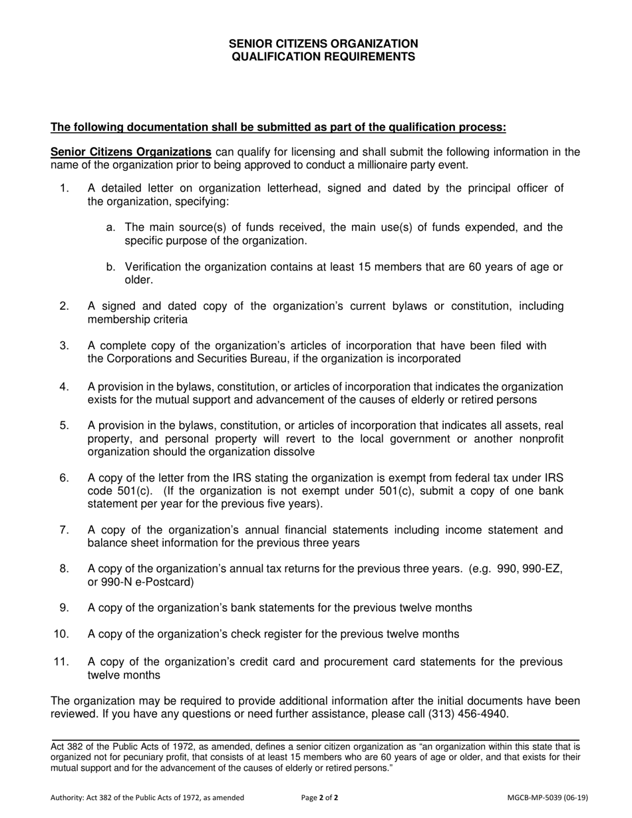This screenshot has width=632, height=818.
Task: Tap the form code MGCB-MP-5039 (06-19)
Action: pyautogui.click(x=548, y=797)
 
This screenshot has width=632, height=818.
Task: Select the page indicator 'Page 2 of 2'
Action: pyautogui.click(x=319, y=797)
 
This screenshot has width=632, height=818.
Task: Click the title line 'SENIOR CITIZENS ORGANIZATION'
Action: pyautogui.click(x=323, y=44)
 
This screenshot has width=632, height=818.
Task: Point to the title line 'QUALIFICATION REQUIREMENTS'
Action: pyautogui.click(x=323, y=57)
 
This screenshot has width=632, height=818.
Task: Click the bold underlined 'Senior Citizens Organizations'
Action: pyautogui.click(x=131, y=152)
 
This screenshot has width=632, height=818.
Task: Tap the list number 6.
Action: pyautogui.click(x=64, y=478)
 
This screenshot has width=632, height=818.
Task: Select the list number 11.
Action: pyautogui.click(x=61, y=662)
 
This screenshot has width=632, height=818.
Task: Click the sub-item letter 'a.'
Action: pyautogui.click(x=112, y=227)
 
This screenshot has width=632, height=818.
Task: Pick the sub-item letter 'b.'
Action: pyautogui.click(x=112, y=267)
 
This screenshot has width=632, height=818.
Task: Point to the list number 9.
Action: pyautogui.click(x=64, y=608)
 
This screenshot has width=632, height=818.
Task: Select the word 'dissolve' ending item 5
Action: pyautogui.click(x=294, y=452)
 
